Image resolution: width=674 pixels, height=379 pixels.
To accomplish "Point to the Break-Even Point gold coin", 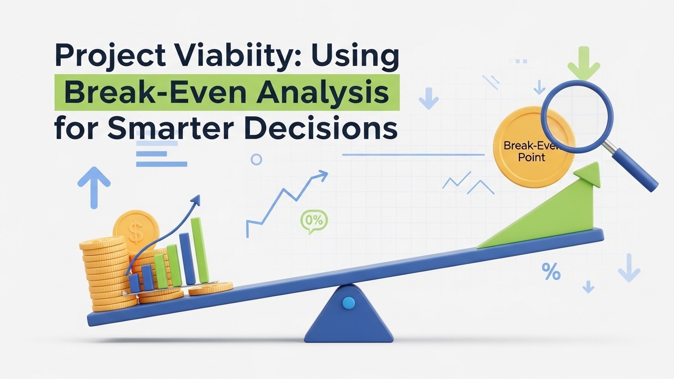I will (x=523, y=148).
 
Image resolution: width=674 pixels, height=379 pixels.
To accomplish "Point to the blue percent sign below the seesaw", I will (x=551, y=271).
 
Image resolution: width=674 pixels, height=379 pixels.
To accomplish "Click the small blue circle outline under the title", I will (x=256, y=159).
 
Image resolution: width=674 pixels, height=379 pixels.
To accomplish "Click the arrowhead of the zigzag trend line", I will (x=323, y=174).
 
